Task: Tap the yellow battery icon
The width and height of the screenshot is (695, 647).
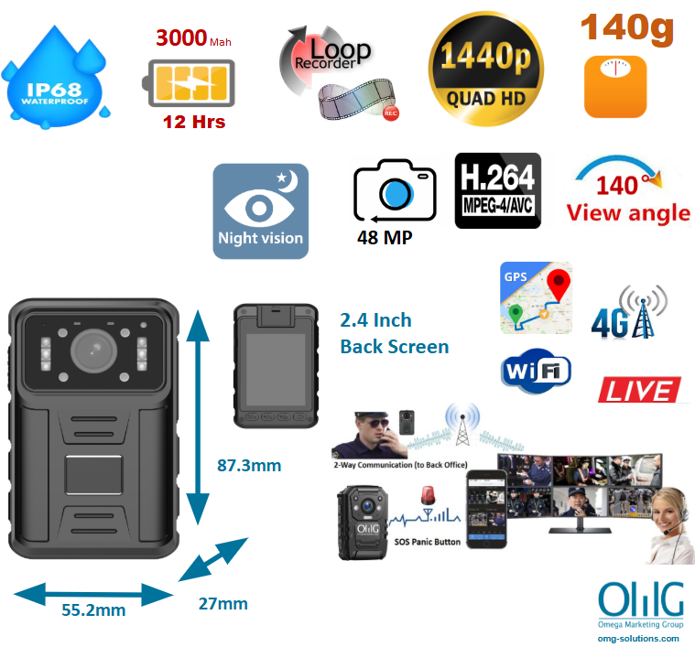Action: coord(189,83)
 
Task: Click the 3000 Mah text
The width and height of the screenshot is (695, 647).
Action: coord(193,38)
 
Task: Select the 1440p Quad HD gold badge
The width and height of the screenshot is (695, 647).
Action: coord(486,69)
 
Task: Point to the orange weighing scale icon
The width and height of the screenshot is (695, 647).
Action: coord(615,86)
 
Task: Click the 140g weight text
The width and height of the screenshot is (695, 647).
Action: coord(627,28)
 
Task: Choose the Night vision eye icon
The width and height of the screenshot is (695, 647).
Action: coord(261,210)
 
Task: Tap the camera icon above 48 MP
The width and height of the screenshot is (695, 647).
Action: coord(395,190)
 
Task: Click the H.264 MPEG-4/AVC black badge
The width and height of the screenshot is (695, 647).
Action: coord(498,191)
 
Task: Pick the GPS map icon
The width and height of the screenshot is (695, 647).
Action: coord(536,297)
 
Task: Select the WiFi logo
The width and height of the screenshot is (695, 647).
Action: coord(536,371)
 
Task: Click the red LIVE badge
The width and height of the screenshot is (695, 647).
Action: coord(639,390)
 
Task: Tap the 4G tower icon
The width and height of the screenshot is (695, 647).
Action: coord(629,313)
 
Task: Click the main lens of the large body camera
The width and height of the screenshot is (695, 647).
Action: coord(94,351)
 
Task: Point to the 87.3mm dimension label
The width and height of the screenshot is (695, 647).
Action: coord(249,466)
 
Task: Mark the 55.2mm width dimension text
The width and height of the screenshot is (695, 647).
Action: coord(93,609)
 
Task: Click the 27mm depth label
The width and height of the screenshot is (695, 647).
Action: coord(223,604)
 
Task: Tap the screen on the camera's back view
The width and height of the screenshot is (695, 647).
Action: coord(276,370)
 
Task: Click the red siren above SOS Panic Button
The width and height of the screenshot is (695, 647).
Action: coord(428,495)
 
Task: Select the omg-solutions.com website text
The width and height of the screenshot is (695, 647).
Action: coord(638,639)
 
